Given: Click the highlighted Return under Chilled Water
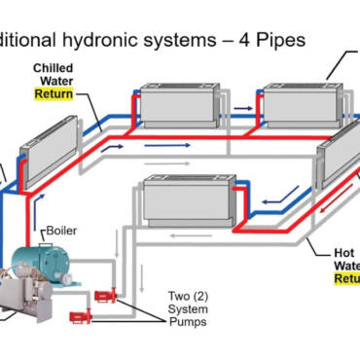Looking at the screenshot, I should pos(54,94).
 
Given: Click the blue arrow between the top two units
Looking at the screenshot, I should pos(245,99).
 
